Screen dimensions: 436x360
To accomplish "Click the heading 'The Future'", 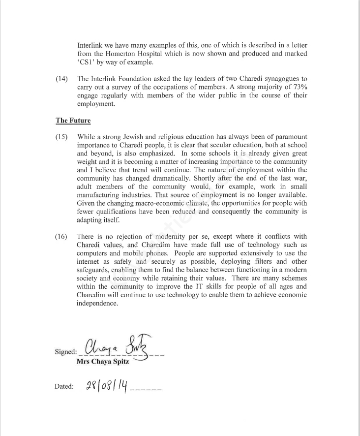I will coord(73,121).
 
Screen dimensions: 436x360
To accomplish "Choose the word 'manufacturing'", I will coord(100,195).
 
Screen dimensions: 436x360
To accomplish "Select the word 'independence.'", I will coord(97,304).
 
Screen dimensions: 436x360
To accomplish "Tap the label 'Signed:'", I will coord(66,352).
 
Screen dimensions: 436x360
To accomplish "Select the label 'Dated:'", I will coord(64,387).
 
